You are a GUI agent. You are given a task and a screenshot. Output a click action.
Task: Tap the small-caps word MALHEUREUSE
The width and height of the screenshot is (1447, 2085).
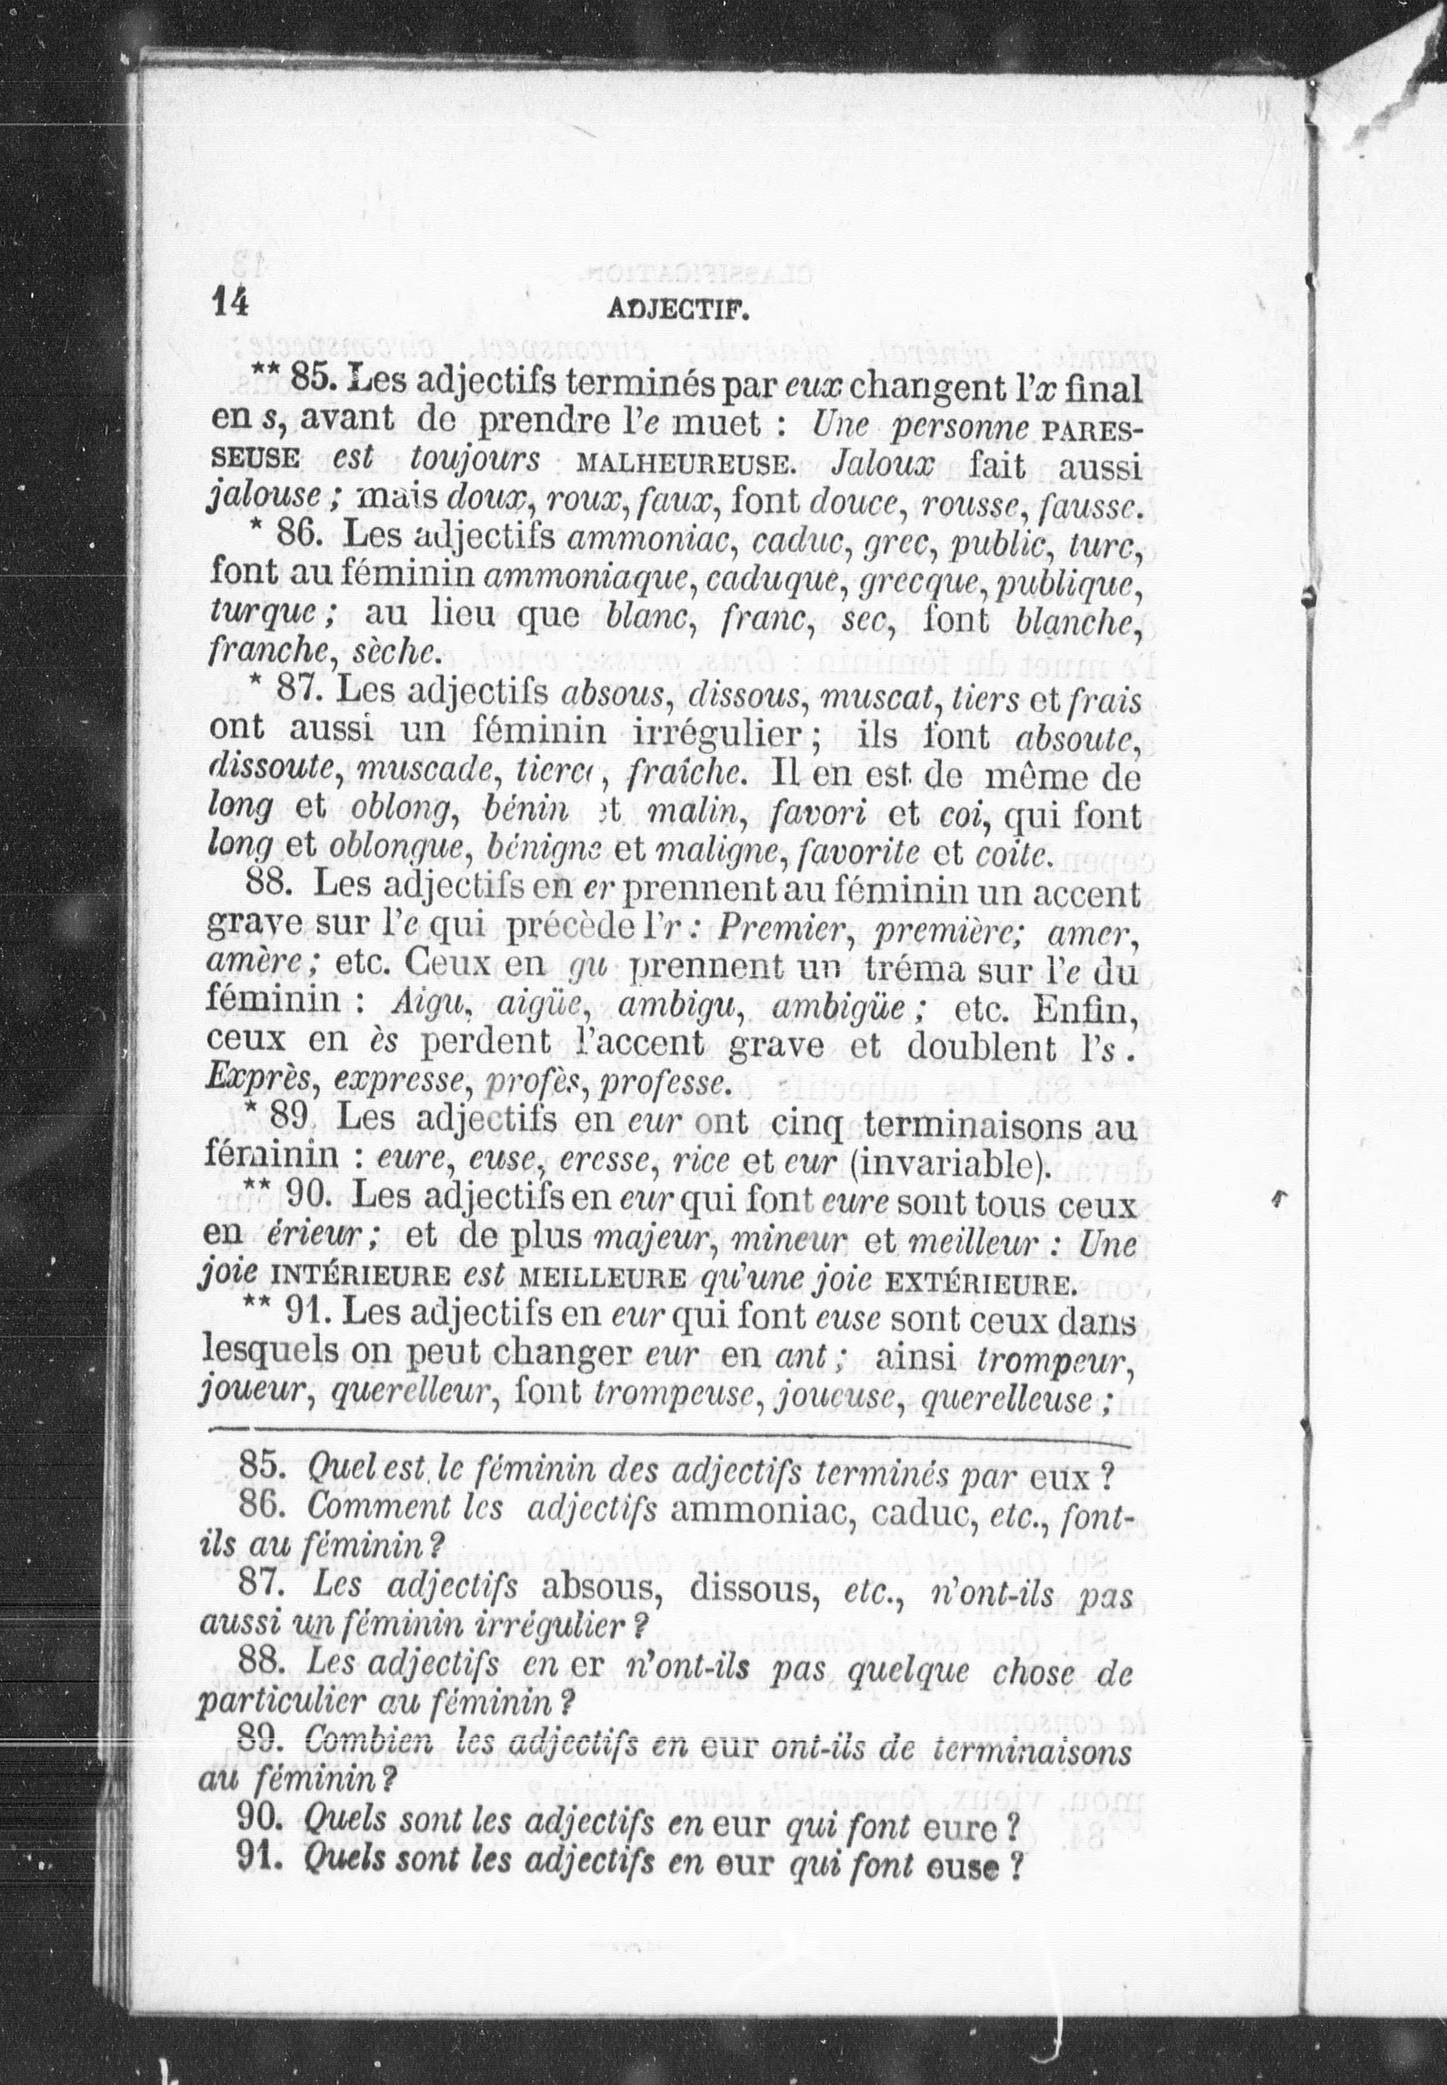click(684, 465)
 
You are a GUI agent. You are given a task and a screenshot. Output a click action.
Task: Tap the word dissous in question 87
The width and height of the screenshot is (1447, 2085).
click(749, 1588)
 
